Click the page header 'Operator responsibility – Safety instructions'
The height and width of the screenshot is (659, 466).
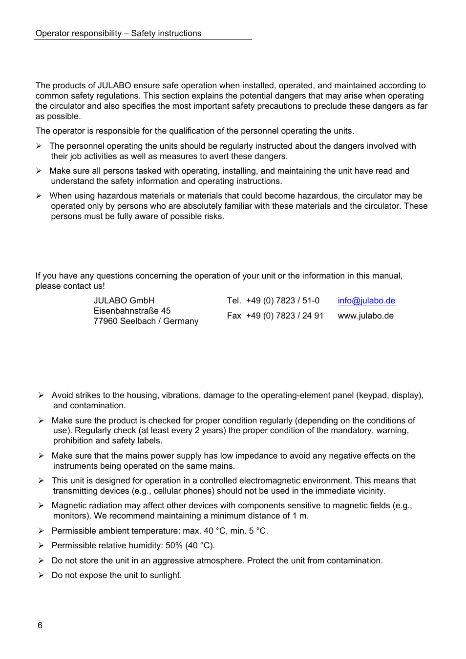[x=118, y=33]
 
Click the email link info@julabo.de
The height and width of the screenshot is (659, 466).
[x=366, y=300]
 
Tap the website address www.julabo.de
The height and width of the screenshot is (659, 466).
[x=365, y=316]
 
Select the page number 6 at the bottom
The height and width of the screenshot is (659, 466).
[x=40, y=625]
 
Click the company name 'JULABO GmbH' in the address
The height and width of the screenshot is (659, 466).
[x=124, y=300]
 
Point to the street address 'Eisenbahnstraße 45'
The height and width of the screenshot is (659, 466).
[x=132, y=311]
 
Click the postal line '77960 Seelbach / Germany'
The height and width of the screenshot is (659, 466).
[x=146, y=321]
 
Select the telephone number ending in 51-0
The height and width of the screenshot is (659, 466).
[x=282, y=300]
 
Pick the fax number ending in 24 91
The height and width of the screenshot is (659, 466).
[x=284, y=316]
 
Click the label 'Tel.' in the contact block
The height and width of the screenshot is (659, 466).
[x=233, y=300]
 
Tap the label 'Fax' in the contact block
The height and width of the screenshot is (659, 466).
[x=234, y=316]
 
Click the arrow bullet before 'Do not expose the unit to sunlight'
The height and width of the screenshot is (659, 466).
[x=41, y=575]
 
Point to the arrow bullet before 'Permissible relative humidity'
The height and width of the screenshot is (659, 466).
[x=41, y=545]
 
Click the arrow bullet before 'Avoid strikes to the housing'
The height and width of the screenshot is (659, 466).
[x=41, y=395]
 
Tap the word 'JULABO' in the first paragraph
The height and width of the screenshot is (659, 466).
[x=115, y=85]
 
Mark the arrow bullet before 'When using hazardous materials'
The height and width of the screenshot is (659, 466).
[x=39, y=196]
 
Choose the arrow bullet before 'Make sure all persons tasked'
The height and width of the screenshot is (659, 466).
[x=39, y=171]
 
